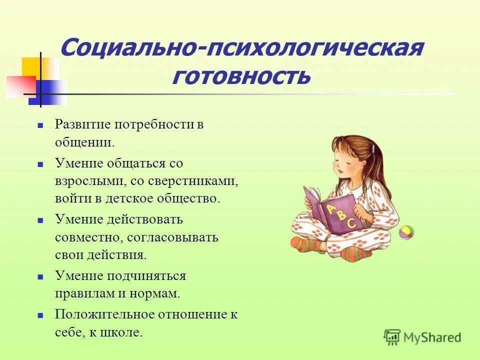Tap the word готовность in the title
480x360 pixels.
click(x=241, y=76)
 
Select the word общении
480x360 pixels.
click(x=85, y=142)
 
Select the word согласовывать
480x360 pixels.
click(x=172, y=236)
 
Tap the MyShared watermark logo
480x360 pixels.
click(x=422, y=337)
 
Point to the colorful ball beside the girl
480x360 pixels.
click(x=406, y=232)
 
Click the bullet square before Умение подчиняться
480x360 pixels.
click(x=41, y=276)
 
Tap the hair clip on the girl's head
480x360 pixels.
click(x=373, y=149)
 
